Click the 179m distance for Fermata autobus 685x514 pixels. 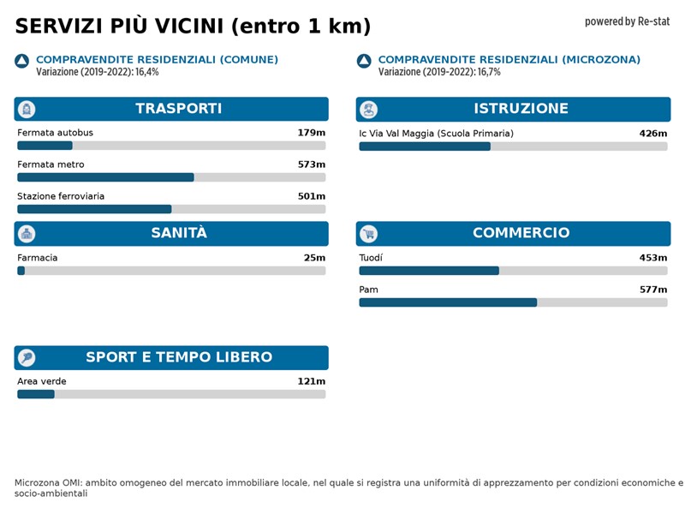(311, 133)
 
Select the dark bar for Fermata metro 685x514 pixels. (105, 177)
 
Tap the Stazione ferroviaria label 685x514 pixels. (61, 196)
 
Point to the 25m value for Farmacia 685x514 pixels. (314, 258)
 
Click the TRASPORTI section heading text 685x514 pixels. (178, 109)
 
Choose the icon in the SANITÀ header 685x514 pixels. (27, 234)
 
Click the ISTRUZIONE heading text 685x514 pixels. (521, 109)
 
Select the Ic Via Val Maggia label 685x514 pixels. (436, 134)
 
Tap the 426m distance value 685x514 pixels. (652, 134)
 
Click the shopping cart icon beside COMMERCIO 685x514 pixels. (369, 234)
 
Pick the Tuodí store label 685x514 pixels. (371, 258)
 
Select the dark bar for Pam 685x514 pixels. (448, 302)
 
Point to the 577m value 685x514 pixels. (652, 290)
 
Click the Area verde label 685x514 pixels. (41, 381)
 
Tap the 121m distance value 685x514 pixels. (311, 381)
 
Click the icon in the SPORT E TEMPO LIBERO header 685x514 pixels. (27, 358)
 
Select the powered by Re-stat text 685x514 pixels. (627, 21)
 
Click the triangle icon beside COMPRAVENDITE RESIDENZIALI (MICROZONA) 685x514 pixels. (364, 61)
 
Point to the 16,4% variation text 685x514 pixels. (147, 72)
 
